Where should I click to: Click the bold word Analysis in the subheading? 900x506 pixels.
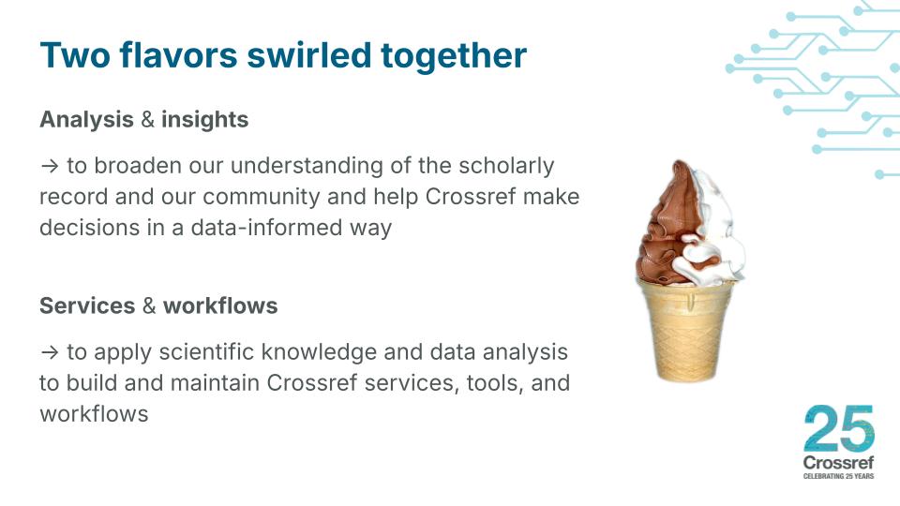tap(86, 120)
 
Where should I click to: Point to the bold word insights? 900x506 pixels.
tap(204, 120)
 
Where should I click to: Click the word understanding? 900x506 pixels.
tap(308, 166)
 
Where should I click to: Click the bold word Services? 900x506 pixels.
tap(87, 306)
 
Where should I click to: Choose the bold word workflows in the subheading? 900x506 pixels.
tap(220, 306)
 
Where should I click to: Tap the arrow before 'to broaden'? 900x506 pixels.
tap(49, 167)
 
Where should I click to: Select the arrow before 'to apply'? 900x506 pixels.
tap(49, 353)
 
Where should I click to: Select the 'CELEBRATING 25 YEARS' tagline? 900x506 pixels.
tap(838, 477)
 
